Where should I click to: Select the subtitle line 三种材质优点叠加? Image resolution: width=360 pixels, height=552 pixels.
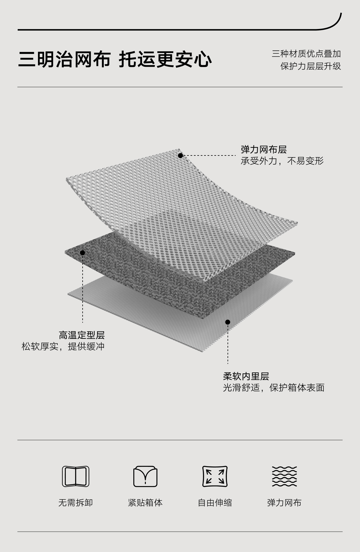[x=306, y=54]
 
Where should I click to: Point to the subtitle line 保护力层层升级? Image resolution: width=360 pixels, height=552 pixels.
[x=310, y=66]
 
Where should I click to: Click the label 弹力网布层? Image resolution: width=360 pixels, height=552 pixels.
[x=263, y=150]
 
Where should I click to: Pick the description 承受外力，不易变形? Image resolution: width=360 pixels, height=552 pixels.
[x=282, y=161]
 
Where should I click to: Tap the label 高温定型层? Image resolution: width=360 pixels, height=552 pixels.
[x=81, y=335]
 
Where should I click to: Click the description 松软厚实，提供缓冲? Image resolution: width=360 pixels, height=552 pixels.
[x=63, y=346]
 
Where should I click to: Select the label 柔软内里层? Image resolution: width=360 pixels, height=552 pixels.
[x=246, y=377]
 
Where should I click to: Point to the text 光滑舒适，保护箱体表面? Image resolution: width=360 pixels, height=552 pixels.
[x=273, y=388]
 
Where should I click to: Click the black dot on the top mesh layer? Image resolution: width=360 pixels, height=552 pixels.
[x=180, y=156]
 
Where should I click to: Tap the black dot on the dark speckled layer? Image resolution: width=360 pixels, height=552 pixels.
[x=82, y=253]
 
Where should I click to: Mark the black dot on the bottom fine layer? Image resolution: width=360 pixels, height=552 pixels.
[x=228, y=322]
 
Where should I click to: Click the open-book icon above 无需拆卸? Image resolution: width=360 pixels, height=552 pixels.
[x=76, y=476]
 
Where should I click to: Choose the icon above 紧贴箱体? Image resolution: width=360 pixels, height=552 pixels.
[x=145, y=476]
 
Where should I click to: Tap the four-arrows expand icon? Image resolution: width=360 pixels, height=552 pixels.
[x=215, y=476]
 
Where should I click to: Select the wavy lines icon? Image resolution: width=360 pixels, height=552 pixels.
[x=284, y=476]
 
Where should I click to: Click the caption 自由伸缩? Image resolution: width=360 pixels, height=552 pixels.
[x=215, y=503]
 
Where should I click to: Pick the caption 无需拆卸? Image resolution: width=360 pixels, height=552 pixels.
[x=76, y=503]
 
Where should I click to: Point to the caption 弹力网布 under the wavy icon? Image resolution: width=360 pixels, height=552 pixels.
[x=284, y=503]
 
